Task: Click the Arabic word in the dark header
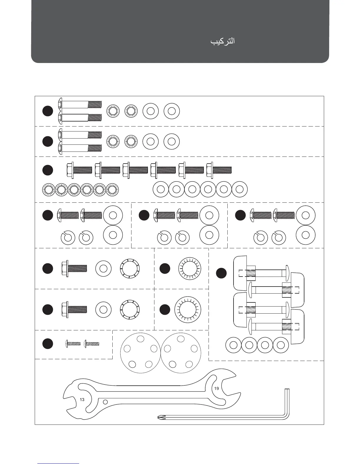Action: click(x=222, y=41)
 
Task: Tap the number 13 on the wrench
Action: click(x=82, y=400)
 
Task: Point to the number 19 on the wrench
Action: click(x=216, y=388)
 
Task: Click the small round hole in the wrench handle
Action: click(x=105, y=402)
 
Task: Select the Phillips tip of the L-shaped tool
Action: click(x=161, y=417)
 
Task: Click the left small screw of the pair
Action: click(x=73, y=343)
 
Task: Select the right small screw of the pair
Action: click(x=92, y=343)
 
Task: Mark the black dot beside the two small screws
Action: click(x=48, y=344)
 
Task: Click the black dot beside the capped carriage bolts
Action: click(x=221, y=273)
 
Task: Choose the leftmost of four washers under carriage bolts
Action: click(x=233, y=344)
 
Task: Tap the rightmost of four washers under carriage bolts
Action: click(x=281, y=344)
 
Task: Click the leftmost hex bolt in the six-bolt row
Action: click(x=79, y=170)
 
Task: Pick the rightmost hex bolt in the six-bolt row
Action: click(x=219, y=170)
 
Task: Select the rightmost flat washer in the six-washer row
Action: click(x=239, y=189)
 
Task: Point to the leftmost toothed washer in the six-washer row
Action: click(x=49, y=189)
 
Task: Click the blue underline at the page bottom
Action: click(x=58, y=463)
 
